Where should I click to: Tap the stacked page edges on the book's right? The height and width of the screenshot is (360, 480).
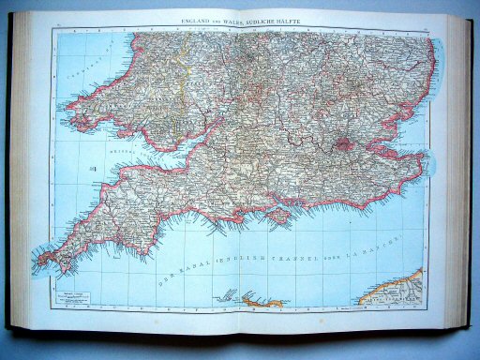click(458, 169)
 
